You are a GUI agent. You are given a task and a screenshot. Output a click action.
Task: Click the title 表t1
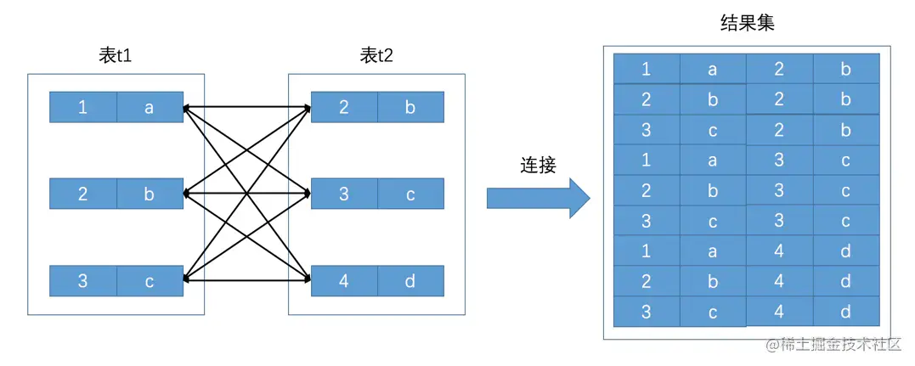115,56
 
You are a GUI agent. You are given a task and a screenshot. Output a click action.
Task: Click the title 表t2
376,56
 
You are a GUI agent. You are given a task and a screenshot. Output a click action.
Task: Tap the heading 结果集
747,23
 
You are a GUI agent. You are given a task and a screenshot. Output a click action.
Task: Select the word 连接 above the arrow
538,165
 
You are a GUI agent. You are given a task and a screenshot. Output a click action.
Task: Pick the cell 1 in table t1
82,108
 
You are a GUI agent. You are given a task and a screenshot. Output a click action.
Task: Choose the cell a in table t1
149,108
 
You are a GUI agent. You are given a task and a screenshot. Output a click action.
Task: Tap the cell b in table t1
149,194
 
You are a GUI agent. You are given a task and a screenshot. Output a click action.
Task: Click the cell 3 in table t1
82,281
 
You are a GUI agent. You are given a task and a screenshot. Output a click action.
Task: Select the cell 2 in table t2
344,108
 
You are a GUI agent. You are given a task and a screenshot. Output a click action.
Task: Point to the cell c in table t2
410,194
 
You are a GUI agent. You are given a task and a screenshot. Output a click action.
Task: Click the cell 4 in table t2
344,281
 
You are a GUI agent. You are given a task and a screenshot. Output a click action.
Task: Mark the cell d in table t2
410,281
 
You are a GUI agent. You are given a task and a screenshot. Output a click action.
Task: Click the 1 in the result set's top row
647,69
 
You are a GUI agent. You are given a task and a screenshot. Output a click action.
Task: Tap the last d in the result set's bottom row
845,312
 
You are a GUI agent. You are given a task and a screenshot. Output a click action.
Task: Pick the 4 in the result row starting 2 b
779,281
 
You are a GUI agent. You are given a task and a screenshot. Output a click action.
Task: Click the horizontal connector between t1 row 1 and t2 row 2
247,108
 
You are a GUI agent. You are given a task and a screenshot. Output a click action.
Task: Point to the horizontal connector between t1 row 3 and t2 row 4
247,279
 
